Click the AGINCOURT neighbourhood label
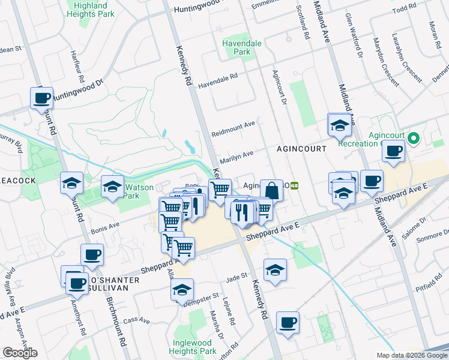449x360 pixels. (301, 148)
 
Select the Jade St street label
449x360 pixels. (237, 276)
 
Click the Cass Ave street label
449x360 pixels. (136, 321)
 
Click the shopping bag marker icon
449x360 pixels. (271, 190)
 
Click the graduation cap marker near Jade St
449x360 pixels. (275, 269)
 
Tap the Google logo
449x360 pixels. (20, 353)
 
